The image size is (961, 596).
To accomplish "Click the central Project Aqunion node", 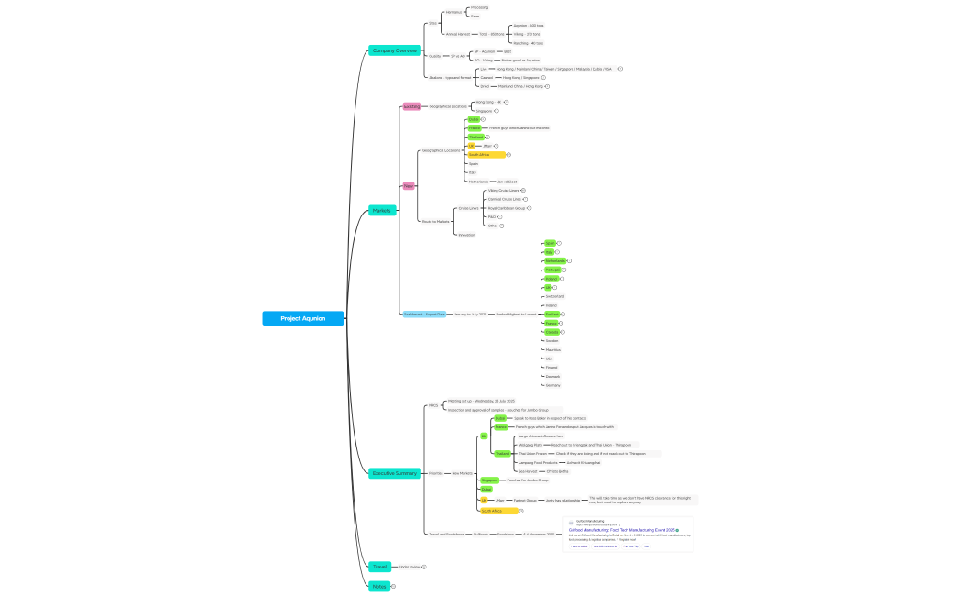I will click(302, 318).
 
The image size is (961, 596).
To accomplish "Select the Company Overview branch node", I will click(394, 50).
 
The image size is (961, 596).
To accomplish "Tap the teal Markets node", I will click(382, 211).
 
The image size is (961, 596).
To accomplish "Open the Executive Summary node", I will click(395, 473).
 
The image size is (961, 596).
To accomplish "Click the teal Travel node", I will click(379, 567).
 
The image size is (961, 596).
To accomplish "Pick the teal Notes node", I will click(379, 586).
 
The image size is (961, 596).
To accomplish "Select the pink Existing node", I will click(412, 106).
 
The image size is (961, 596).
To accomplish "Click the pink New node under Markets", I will click(409, 186).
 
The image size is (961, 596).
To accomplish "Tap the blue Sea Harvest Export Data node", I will click(425, 314).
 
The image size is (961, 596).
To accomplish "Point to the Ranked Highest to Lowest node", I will click(516, 314).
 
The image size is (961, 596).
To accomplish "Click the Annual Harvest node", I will click(457, 34).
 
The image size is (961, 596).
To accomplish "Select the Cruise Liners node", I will click(468, 208).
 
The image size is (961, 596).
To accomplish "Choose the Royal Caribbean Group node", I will click(506, 208).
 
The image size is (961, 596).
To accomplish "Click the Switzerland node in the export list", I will click(554, 296).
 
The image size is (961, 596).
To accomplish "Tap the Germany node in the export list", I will click(552, 385).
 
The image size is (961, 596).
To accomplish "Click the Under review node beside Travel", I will click(409, 567).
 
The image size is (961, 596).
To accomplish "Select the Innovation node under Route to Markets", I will click(466, 235).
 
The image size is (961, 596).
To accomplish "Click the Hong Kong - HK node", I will click(488, 102).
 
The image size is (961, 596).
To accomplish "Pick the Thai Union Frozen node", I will click(532, 453).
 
